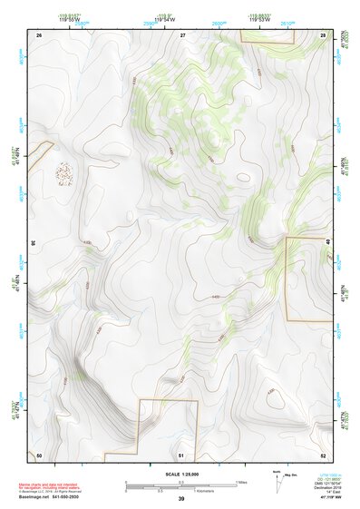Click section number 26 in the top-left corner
(x=39, y=34)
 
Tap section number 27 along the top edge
(x=182, y=34)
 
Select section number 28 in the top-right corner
(x=323, y=34)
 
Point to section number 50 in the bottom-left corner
(x=39, y=454)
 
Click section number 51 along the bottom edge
(x=182, y=454)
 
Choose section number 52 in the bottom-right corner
(x=323, y=454)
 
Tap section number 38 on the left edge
(x=34, y=243)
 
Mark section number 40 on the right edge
(x=327, y=241)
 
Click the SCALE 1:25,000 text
(x=180, y=475)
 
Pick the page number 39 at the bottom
(x=180, y=500)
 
